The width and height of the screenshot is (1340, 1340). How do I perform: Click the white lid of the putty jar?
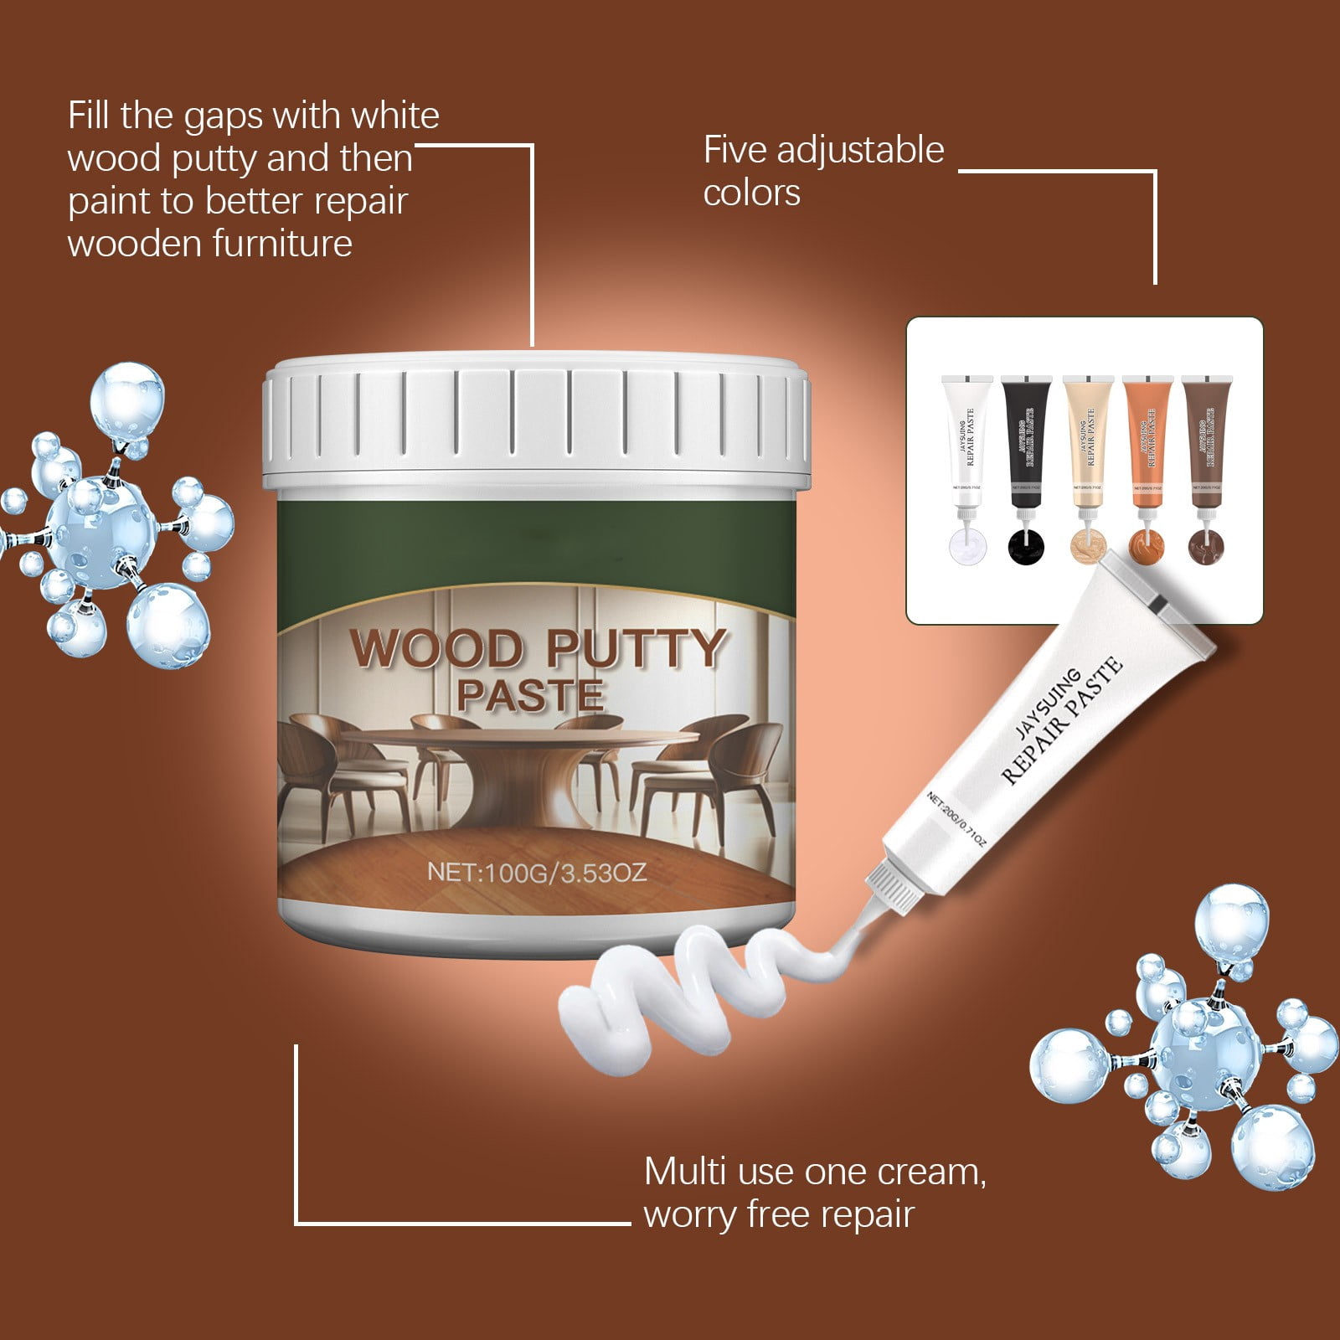[x=536, y=423]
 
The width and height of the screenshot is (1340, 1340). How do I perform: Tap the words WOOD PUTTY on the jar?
[x=536, y=647]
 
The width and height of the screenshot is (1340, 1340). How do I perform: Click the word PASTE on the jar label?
[x=529, y=696]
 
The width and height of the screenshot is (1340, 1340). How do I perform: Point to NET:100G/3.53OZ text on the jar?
[x=536, y=873]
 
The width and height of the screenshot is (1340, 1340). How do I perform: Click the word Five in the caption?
[x=735, y=151]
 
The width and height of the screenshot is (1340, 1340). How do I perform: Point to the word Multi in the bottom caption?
[x=683, y=1172]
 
